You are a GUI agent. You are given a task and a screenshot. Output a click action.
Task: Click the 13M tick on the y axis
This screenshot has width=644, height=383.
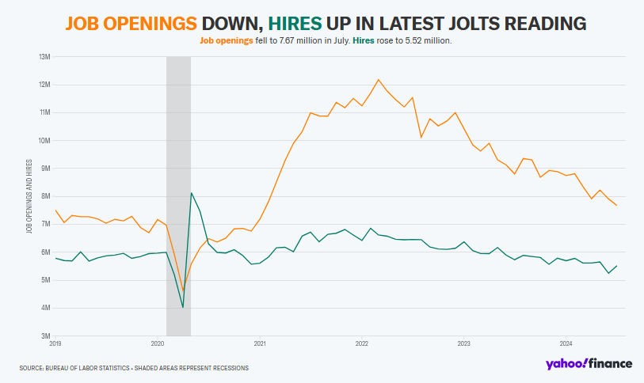(x=44, y=57)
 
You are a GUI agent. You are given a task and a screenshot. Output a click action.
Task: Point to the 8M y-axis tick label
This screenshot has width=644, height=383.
(x=45, y=196)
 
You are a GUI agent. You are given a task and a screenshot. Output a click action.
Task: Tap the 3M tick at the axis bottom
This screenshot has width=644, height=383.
(x=45, y=336)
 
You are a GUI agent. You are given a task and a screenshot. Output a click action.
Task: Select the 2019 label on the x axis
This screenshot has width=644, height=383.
(x=55, y=343)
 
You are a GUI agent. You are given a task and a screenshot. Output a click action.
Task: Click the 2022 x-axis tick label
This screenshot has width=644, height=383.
(x=362, y=343)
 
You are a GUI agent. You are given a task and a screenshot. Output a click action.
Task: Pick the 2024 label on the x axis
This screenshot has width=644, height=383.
(x=566, y=343)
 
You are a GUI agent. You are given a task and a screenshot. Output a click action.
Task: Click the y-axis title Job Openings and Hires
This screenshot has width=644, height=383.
(x=29, y=196)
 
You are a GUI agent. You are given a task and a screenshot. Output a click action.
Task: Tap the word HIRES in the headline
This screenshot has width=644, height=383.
(x=295, y=24)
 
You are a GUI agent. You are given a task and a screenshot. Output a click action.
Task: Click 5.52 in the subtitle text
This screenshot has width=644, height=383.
(x=413, y=40)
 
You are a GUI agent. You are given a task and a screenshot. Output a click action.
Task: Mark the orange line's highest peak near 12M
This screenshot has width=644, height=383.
(x=379, y=80)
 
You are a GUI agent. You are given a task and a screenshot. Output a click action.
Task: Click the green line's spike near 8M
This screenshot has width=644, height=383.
(x=192, y=193)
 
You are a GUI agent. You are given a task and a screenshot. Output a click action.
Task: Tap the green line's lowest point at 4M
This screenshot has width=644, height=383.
(x=183, y=307)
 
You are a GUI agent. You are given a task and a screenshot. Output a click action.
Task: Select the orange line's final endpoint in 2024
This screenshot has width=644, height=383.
(x=616, y=205)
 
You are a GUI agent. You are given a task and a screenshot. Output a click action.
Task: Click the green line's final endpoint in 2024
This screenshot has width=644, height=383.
(x=616, y=266)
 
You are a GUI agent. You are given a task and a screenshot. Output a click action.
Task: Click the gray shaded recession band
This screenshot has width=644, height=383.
(x=178, y=196)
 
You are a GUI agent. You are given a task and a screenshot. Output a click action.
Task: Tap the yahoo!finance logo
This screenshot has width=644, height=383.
(x=589, y=364)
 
